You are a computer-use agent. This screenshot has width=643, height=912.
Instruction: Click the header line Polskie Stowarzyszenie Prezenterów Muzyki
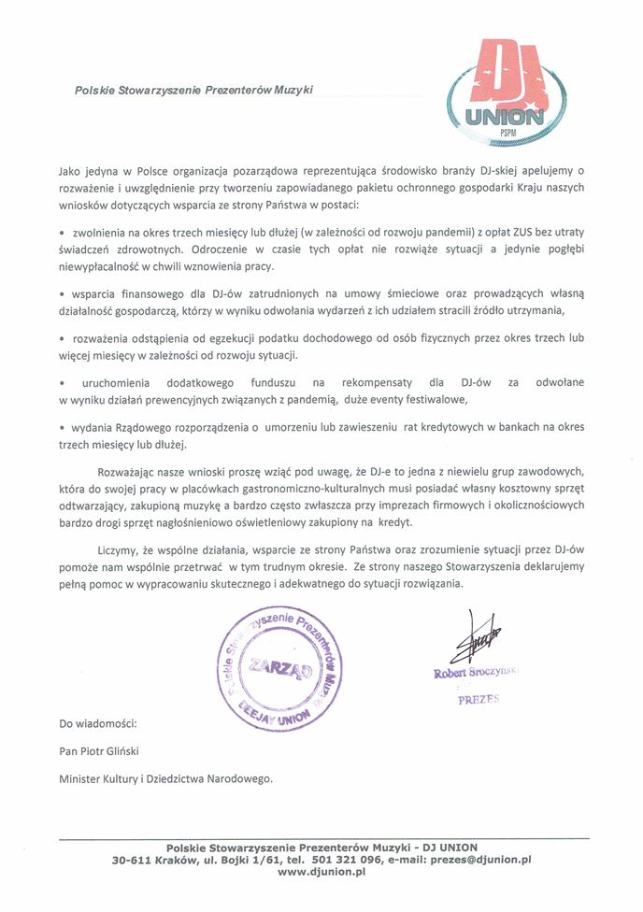pos(194,90)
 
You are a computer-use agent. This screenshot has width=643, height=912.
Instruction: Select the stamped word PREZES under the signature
pos(479,698)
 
